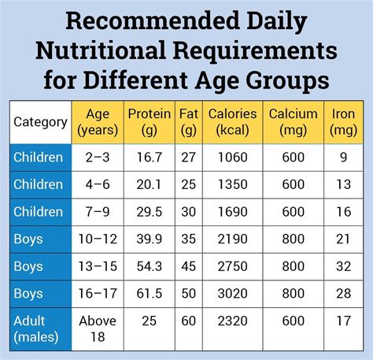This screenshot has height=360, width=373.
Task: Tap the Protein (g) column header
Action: coord(150,121)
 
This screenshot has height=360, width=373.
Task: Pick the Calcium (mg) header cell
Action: coord(293,121)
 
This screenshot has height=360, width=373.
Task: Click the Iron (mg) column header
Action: coord(343,121)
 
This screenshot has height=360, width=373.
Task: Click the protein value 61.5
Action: coord(150,293)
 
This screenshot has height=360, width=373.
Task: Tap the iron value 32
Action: coord(343,266)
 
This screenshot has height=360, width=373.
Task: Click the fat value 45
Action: coord(188,266)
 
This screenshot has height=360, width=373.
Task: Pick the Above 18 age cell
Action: coord(98,328)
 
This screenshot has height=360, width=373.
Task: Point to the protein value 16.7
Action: coord(150,158)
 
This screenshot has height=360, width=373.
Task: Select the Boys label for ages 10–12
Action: coord(28,239)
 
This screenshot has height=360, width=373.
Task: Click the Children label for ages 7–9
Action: coord(38,212)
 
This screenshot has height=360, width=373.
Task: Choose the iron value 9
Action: coord(343,158)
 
